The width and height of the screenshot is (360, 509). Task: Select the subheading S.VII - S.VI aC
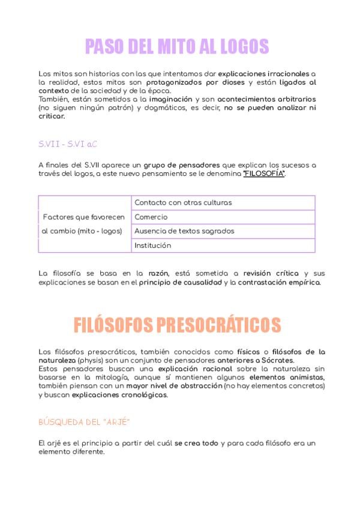[68, 144]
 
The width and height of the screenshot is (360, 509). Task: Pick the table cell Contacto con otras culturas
[183, 202]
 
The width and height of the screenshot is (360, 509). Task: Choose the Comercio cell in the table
[151, 217]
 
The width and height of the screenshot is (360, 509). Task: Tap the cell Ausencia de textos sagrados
[184, 231]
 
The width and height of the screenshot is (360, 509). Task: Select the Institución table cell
[153, 245]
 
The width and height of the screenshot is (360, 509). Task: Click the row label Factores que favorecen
[83, 217]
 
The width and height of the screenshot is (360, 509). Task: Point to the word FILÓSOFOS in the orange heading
[115, 325]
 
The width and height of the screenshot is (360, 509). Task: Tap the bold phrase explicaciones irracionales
[264, 73]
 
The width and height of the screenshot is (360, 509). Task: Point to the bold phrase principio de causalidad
[181, 282]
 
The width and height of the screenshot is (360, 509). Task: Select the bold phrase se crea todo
[197, 443]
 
